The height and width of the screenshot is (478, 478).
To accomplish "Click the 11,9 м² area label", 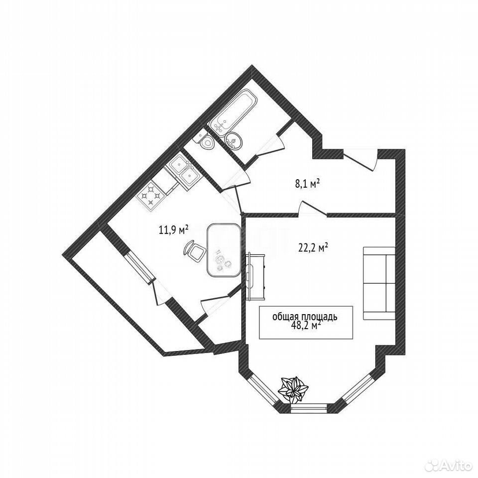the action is coord(173,229).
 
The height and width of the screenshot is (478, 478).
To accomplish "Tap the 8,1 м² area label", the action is coord(307,184).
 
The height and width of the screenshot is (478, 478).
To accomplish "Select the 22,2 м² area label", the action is coord(313,247).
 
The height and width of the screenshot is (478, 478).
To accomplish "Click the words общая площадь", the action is coord(305,317).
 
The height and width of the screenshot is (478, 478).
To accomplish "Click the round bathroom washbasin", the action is coord(234,141).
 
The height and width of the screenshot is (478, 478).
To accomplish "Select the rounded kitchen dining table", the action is coord(223,250).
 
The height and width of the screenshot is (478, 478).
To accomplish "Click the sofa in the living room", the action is coord(379,283).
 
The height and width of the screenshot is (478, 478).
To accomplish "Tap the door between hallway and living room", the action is coord(313,209).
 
